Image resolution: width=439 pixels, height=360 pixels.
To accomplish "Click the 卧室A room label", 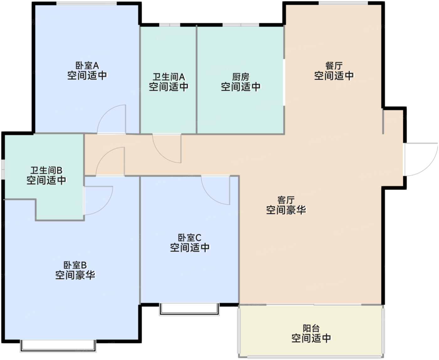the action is [x=87, y=66].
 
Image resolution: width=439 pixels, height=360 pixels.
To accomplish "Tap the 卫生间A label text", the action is [x=169, y=77].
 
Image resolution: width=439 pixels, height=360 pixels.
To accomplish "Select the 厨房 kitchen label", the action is [x=241, y=77].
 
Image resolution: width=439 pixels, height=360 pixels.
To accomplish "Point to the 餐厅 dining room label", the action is [x=334, y=66].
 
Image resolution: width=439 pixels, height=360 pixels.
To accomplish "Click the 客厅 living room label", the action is [x=286, y=200].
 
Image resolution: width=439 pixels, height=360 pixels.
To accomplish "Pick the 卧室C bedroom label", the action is [x=190, y=237].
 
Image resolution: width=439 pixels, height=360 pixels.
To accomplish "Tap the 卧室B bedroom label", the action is [x=75, y=265].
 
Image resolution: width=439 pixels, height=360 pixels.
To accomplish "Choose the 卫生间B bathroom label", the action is [x=46, y=170].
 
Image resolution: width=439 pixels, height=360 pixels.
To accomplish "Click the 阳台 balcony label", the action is [x=311, y=328].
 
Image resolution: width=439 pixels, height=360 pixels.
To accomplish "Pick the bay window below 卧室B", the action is [x=58, y=346].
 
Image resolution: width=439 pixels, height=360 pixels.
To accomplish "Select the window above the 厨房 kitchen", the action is [x=241, y=25].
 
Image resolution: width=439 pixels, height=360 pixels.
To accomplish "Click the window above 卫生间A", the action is [x=170, y=25].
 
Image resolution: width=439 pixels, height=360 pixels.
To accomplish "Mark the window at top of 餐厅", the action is [x=343, y=3].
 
